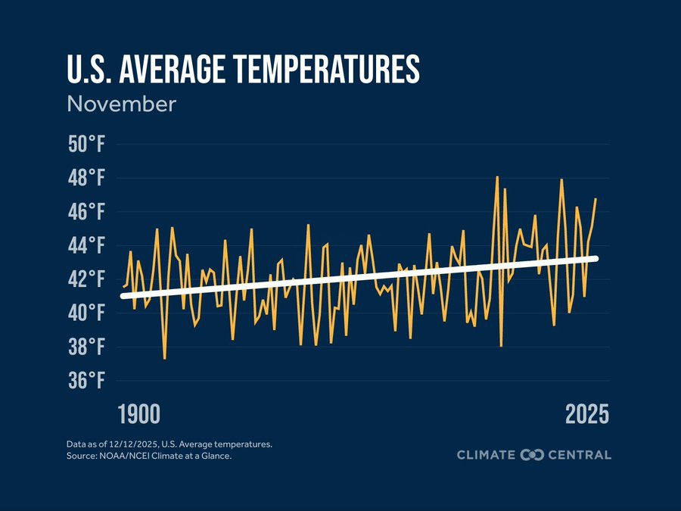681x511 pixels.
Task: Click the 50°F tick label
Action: tap(85, 145)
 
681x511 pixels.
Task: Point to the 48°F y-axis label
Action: tap(85, 179)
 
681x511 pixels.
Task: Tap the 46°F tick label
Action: tap(85, 212)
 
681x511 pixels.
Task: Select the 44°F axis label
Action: tap(85, 246)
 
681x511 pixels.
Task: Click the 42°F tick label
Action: tap(85, 279)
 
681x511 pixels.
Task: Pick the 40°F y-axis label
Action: tap(85, 313)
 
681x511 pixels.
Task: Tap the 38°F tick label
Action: tap(85, 347)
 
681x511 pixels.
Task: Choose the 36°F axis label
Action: tap(85, 381)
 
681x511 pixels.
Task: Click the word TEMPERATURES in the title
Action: tap(326, 70)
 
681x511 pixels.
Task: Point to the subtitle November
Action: tap(121, 104)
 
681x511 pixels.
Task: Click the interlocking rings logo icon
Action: tap(533, 455)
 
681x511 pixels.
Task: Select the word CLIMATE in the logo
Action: tap(486, 455)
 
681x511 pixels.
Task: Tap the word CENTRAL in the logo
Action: tap(580, 455)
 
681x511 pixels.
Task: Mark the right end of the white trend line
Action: tap(596, 259)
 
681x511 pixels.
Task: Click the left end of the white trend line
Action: tap(123, 296)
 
